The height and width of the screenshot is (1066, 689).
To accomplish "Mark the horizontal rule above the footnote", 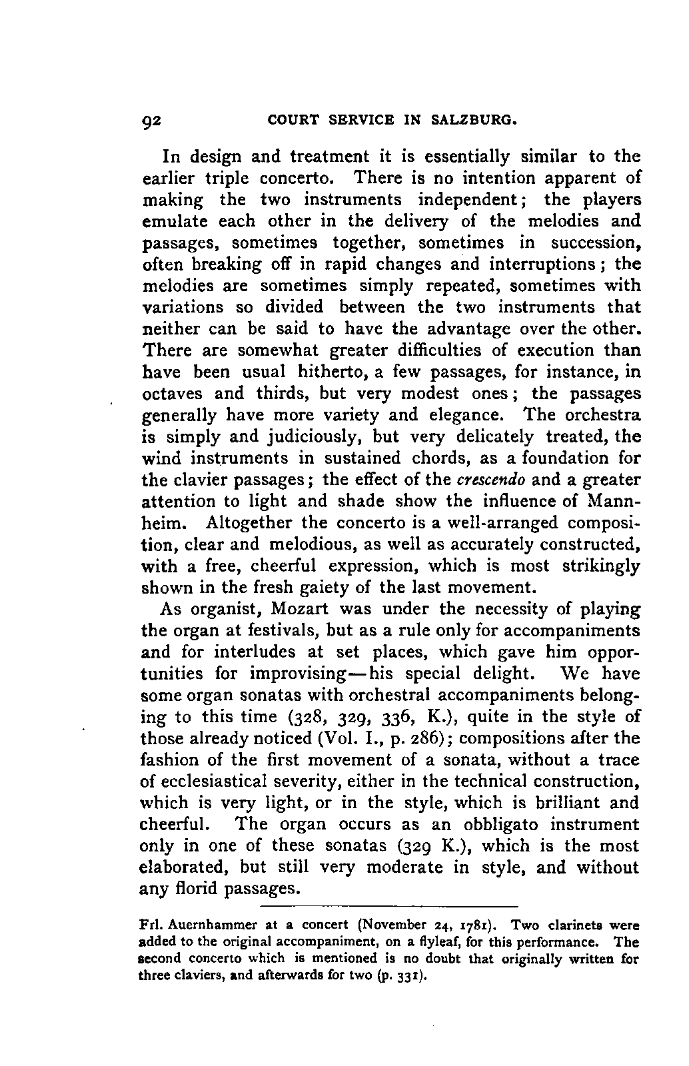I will click(x=388, y=907).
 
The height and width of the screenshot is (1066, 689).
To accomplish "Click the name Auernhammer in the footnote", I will click(x=209, y=925).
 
